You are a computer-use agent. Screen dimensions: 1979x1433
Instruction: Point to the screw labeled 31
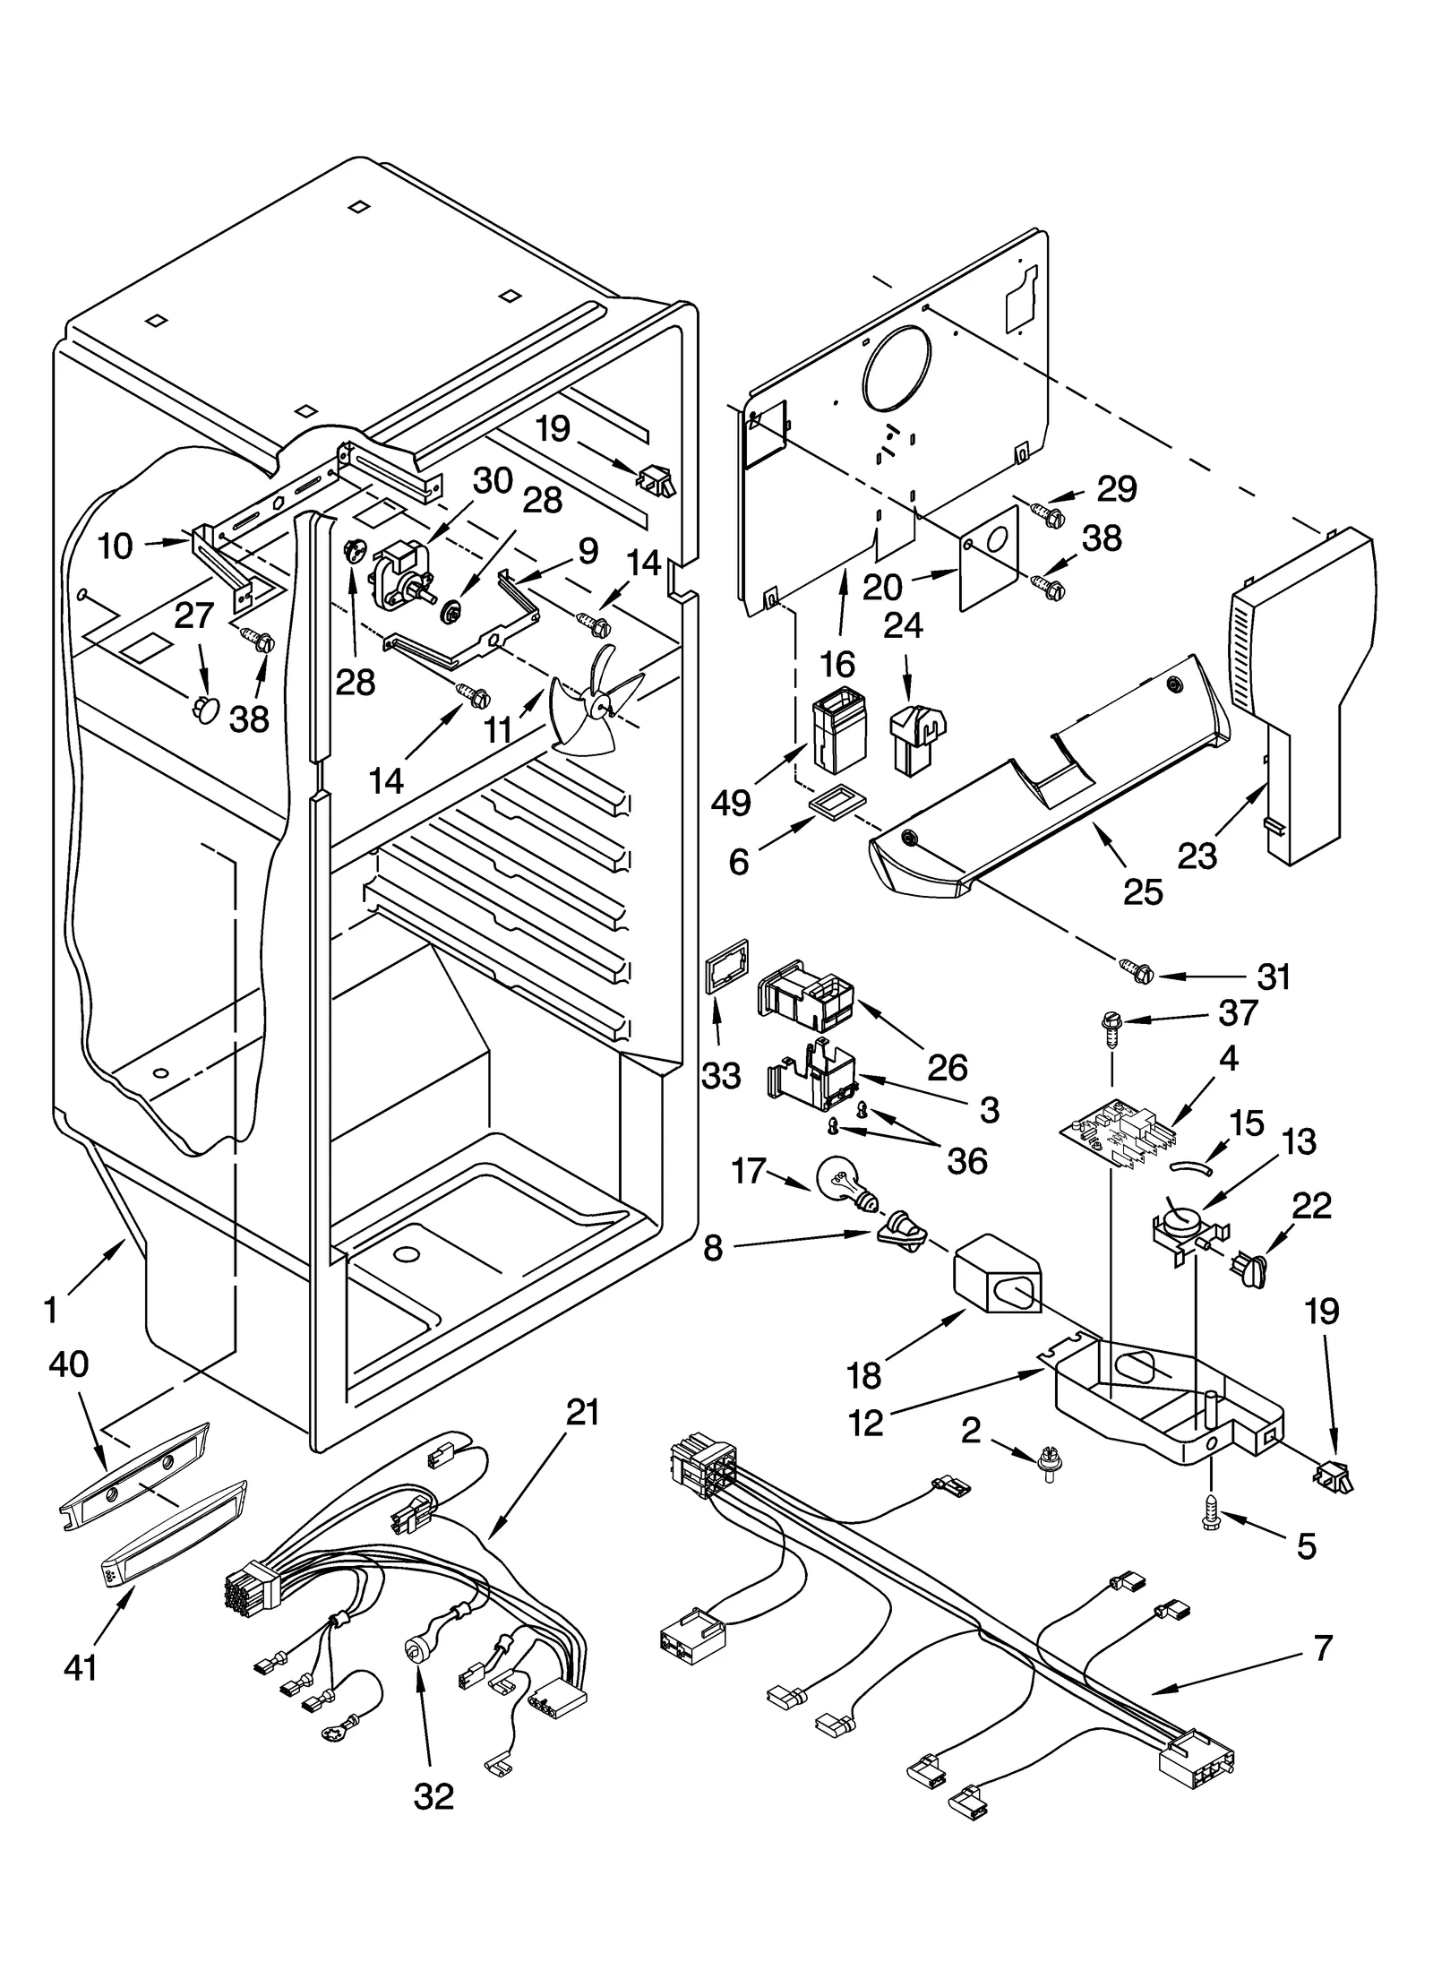click(x=1133, y=970)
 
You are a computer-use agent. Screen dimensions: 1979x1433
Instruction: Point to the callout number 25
click(x=1143, y=891)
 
